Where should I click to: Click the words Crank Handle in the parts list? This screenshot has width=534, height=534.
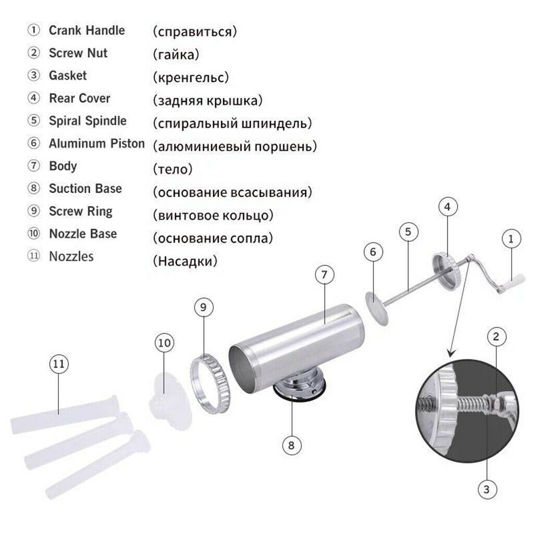point(87,30)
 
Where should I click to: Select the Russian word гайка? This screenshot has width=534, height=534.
point(176,54)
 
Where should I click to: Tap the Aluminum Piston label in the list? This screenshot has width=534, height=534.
point(96,143)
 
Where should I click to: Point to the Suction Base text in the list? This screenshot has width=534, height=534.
point(85,188)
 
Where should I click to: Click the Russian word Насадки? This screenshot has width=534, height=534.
point(185,261)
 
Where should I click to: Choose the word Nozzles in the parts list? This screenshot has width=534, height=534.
point(71,256)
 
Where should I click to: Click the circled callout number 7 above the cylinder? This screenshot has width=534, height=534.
point(324,274)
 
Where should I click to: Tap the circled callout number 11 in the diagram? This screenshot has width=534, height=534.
point(59,363)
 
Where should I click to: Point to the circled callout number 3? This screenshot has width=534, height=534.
point(487,489)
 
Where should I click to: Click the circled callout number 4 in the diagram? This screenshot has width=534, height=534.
point(447,207)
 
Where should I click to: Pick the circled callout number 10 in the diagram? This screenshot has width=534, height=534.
point(164,343)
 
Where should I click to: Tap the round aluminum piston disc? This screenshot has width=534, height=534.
point(377,308)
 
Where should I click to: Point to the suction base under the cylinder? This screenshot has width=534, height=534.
point(300,386)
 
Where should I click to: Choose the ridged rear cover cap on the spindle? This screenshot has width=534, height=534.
point(446,271)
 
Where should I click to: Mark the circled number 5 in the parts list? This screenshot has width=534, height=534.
point(34,120)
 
